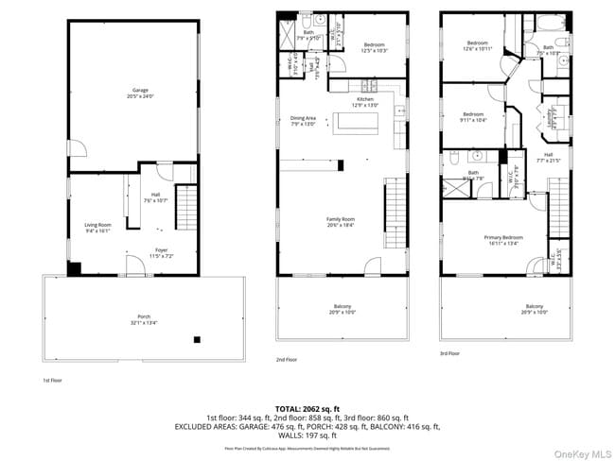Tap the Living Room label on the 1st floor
pos(98,226)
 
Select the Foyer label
pos(162,252)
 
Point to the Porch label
pos(144,317)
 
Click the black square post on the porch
pos(197,339)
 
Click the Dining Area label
pos(303,120)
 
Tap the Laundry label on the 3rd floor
pos(552,114)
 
